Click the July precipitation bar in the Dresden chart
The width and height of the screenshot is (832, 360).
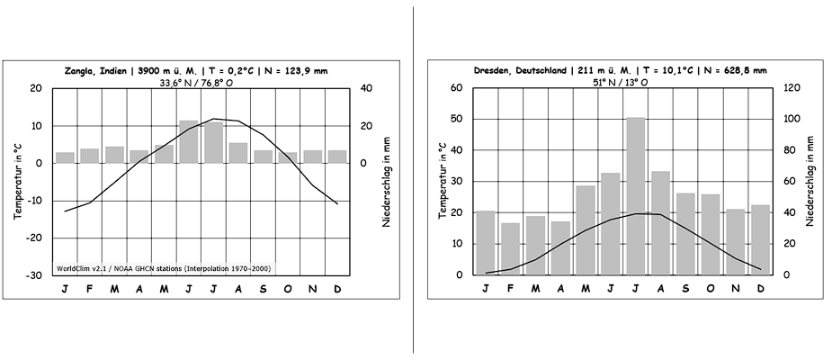pos(636,195)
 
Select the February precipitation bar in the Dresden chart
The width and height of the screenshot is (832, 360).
pos(510,248)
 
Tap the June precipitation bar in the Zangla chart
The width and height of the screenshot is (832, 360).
pos(189,141)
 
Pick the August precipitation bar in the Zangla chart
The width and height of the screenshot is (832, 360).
pos(238,152)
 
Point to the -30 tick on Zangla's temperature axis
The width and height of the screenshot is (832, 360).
pos(35,274)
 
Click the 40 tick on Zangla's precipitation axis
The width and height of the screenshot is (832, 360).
pos(365,88)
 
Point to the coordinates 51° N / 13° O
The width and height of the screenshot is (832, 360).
pos(620,81)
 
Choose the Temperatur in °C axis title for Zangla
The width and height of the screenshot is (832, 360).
pos(16,181)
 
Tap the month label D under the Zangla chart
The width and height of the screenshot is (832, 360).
pos(336,289)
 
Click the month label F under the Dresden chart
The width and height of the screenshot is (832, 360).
pos(510,289)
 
